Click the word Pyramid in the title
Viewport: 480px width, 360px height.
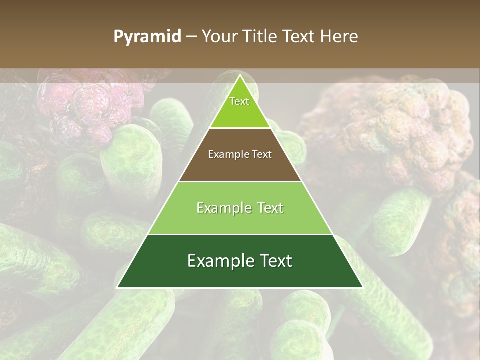point(147,37)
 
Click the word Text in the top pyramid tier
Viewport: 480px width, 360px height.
point(239,101)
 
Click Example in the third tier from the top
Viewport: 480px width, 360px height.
point(222,208)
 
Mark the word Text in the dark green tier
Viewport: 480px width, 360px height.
point(274,261)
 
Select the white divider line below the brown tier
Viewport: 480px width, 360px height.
point(240,181)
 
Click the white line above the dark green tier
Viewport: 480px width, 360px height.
point(240,234)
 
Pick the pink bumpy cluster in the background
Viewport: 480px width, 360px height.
point(80,107)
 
